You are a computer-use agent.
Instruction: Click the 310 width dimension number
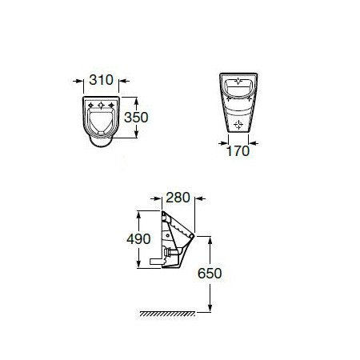102,80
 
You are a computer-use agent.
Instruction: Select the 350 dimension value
136,118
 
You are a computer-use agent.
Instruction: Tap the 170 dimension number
238,151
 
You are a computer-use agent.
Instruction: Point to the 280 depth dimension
178,198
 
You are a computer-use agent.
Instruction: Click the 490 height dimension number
138,238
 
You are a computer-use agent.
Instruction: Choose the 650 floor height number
210,274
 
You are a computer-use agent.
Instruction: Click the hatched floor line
167,314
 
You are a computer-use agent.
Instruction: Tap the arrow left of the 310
78,81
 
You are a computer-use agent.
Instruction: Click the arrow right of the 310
124,81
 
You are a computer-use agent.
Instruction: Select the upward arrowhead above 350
136,101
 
